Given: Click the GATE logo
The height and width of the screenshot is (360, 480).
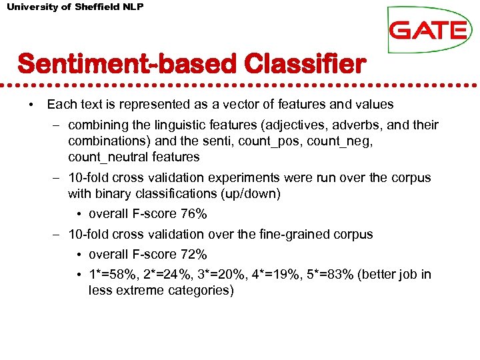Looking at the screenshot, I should tap(428, 30).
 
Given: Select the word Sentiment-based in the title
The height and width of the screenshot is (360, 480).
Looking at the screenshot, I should tap(127, 65).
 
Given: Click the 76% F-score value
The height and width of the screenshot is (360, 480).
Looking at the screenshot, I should tap(194, 214).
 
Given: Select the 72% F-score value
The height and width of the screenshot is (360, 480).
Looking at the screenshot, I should tap(194, 255).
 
